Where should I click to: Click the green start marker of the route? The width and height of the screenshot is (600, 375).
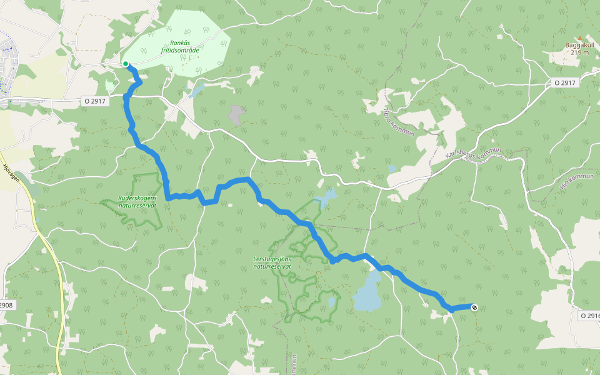pyautogui.click(x=126, y=64)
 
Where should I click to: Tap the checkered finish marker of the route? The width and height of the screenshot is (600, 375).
pyautogui.click(x=475, y=306)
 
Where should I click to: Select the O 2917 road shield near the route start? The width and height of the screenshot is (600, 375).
pyautogui.click(x=96, y=101)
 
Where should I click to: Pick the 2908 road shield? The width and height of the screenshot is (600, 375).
pyautogui.click(x=6, y=305)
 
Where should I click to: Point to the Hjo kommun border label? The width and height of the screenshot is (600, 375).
pyautogui.click(x=576, y=181)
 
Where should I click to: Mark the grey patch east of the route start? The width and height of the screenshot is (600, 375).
pyautogui.click(x=236, y=114)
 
